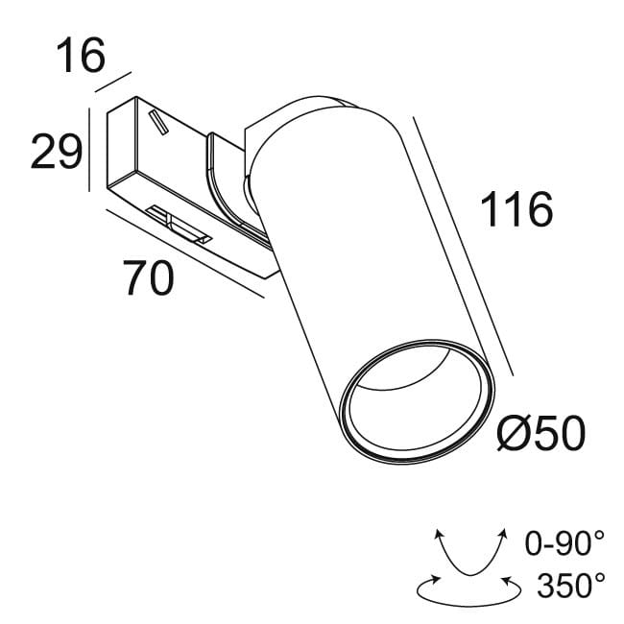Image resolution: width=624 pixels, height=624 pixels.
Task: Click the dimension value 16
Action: (79, 58)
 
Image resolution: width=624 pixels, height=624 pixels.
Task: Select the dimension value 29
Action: (55, 152)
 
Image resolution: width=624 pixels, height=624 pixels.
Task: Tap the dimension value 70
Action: (148, 278)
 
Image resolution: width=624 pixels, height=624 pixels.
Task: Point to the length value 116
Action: (516, 209)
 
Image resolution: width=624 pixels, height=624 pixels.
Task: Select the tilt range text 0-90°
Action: (564, 544)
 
